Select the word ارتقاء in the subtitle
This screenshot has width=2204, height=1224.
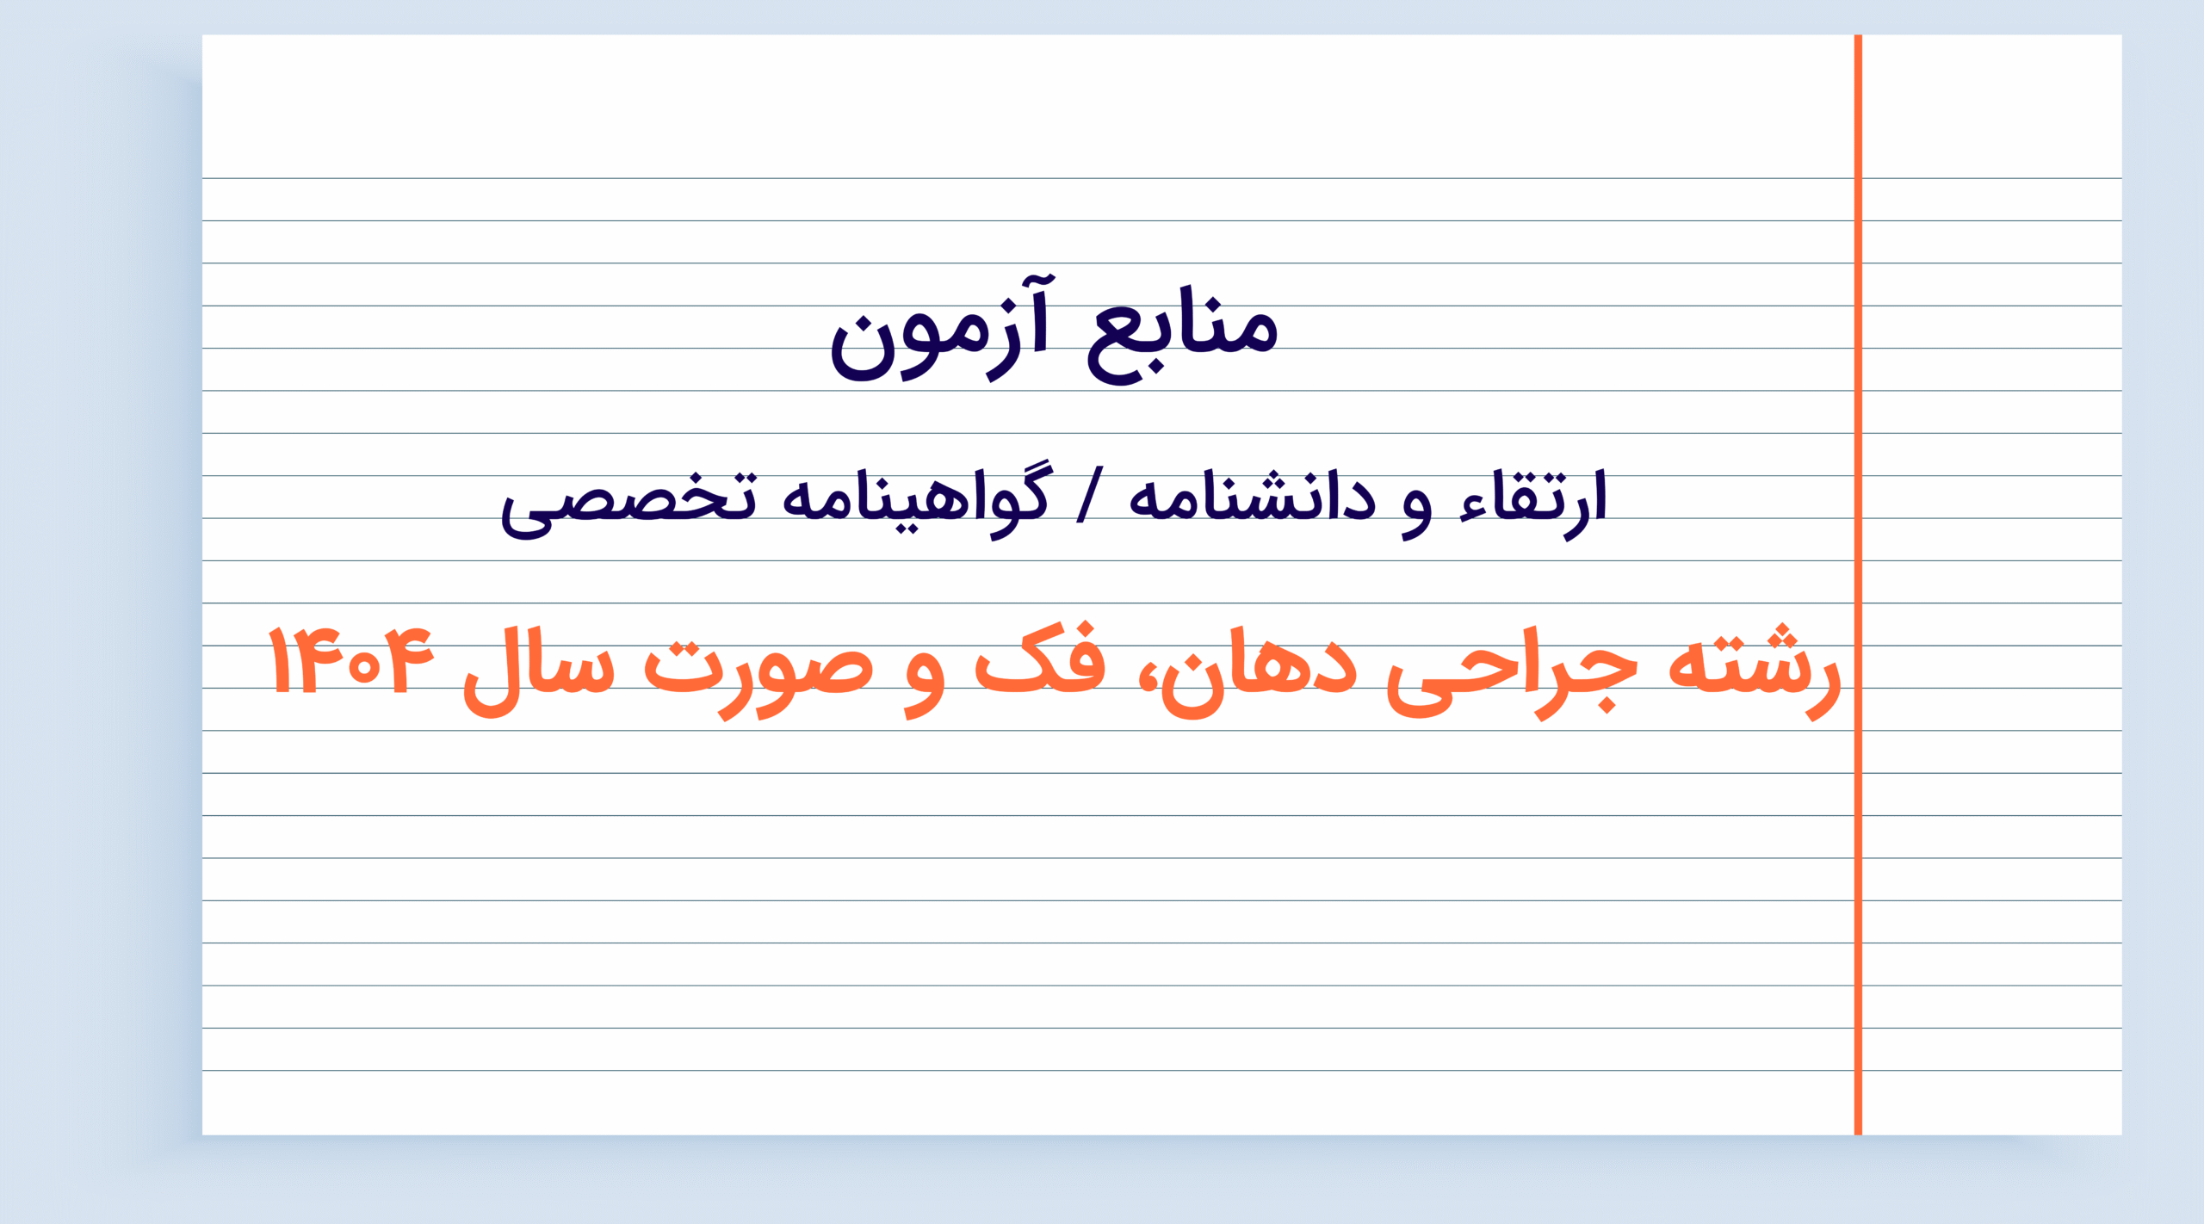[1533, 503]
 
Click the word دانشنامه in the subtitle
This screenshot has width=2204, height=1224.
[1252, 498]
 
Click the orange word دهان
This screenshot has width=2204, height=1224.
[1258, 671]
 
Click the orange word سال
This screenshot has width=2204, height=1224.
[539, 671]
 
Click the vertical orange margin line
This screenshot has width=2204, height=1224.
[1858, 585]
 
